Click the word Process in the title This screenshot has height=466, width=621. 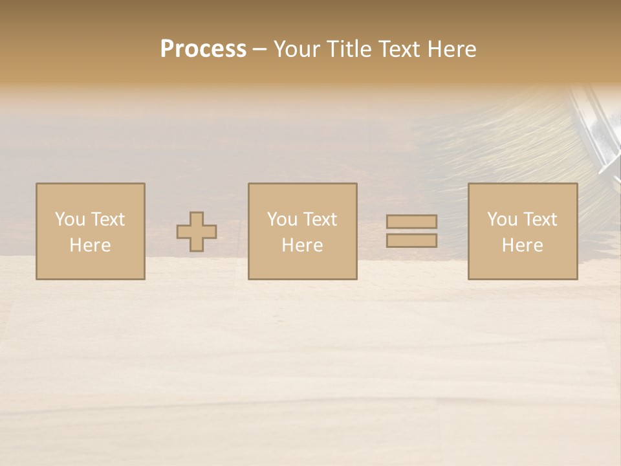(x=203, y=49)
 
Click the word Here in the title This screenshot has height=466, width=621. (x=452, y=49)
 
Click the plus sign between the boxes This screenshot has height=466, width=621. (x=197, y=232)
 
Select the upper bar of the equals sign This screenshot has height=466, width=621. (x=411, y=222)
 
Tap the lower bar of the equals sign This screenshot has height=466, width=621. (x=411, y=241)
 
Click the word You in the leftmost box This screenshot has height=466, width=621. (x=70, y=219)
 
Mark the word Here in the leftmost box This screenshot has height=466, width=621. (x=90, y=245)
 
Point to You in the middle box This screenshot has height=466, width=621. (x=282, y=219)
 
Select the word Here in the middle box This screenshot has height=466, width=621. (x=302, y=245)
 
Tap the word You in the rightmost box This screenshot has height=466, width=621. (x=502, y=219)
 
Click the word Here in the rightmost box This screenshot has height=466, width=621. (x=522, y=245)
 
